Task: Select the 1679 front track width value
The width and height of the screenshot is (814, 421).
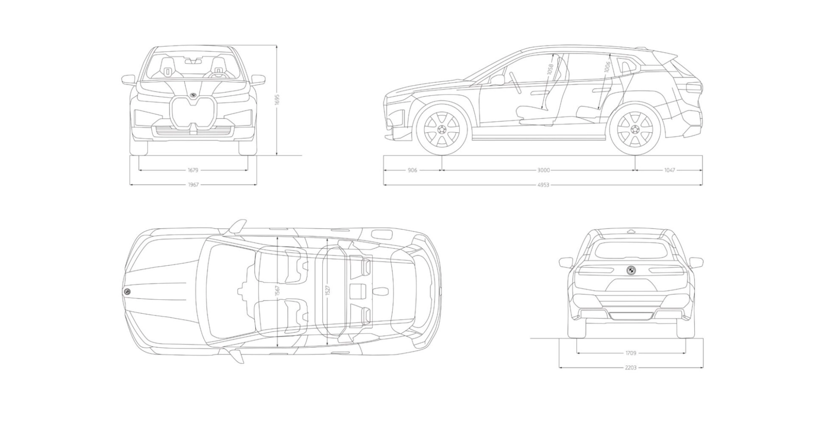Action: pos(193,170)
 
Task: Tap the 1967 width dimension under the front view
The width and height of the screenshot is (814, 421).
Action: pos(193,184)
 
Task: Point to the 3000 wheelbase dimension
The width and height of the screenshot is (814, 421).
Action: pos(543,170)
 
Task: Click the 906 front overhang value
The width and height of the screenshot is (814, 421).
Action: pos(412,170)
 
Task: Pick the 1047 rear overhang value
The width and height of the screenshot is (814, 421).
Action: pos(669,170)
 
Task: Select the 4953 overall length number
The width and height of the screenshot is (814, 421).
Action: pos(543,184)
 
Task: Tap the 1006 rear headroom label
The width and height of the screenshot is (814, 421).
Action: pos(607,67)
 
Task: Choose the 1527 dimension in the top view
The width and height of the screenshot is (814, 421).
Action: pos(328,290)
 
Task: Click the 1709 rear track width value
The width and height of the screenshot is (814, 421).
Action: pos(631,353)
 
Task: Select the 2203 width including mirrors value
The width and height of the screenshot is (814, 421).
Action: pos(631,368)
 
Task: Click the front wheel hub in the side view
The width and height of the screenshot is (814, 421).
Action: pos(441,129)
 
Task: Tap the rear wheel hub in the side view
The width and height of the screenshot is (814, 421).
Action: pos(635,129)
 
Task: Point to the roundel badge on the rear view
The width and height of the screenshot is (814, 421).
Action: pos(631,271)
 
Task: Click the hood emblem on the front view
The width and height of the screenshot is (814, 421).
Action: pos(193,94)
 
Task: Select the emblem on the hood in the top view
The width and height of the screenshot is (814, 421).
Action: pos(127,292)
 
